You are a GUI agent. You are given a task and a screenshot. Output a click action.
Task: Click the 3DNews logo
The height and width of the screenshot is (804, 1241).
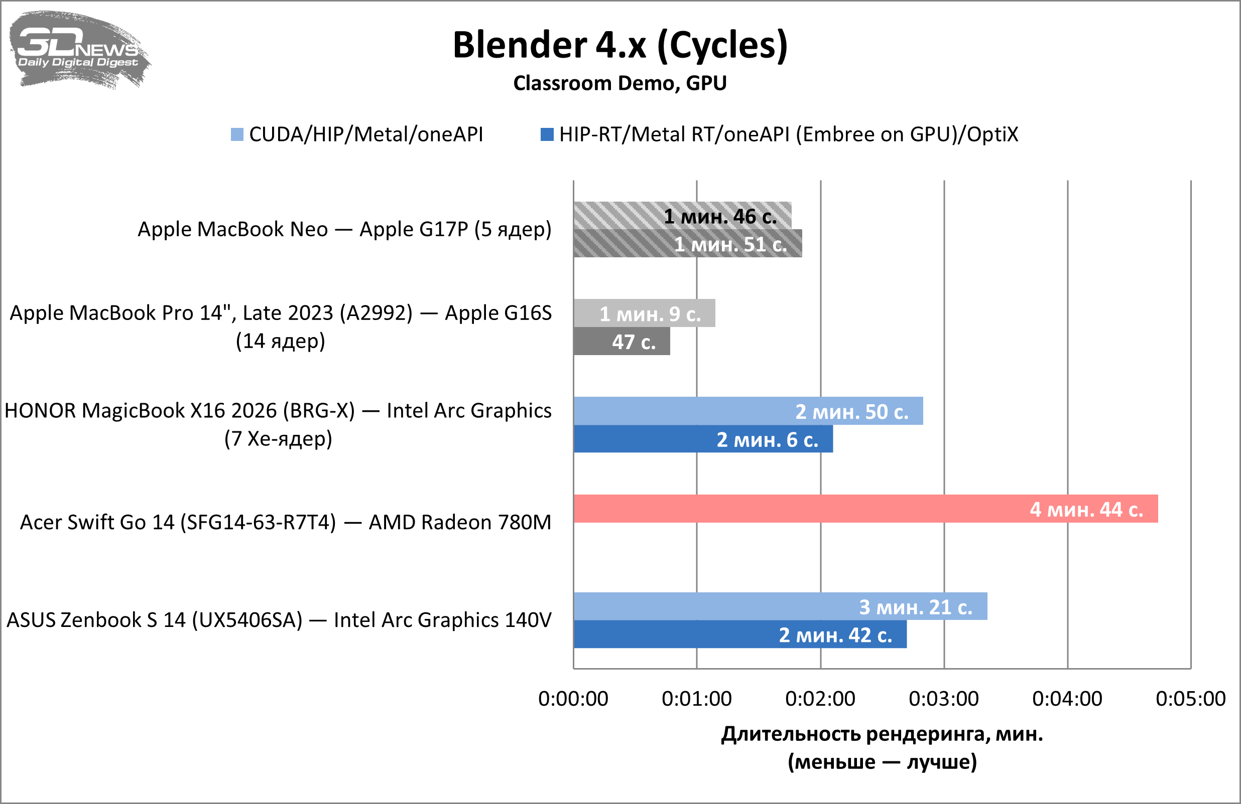click(x=78, y=50)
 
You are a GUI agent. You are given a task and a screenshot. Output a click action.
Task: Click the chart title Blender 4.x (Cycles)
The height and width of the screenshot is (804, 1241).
click(x=620, y=45)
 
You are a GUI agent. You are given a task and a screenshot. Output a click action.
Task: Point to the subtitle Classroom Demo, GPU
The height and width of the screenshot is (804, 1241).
click(x=620, y=83)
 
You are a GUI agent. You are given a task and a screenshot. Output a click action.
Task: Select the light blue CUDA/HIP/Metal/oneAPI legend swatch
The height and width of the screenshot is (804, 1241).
click(x=237, y=134)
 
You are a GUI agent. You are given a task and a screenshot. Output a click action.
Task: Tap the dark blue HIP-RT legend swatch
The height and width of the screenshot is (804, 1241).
click(x=547, y=134)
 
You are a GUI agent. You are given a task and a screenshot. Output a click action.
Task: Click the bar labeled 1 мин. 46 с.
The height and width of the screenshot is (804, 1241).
click(x=682, y=216)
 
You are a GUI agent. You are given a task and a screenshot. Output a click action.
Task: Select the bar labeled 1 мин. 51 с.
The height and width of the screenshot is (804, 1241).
click(x=687, y=244)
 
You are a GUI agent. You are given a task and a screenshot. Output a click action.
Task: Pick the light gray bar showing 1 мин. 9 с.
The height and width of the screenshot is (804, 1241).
click(x=644, y=313)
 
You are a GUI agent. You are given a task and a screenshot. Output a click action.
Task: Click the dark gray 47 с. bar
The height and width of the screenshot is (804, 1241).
click(x=622, y=341)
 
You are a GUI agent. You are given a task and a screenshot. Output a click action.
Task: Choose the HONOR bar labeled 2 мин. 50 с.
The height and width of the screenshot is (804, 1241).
click(x=748, y=411)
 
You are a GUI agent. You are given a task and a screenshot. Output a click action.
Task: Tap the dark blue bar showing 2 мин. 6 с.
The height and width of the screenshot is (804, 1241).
click(x=703, y=439)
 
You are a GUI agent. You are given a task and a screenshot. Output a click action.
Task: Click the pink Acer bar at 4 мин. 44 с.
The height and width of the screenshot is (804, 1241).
click(x=865, y=509)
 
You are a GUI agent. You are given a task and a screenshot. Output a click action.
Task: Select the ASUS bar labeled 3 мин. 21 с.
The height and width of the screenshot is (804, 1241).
click(x=780, y=606)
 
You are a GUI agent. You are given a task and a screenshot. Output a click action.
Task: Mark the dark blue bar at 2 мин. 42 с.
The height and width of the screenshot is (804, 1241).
click(x=740, y=634)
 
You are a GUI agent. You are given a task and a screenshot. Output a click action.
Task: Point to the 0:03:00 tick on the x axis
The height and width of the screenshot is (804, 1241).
click(x=944, y=699)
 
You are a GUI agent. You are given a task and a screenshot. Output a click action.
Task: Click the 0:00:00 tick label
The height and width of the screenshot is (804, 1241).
click(x=573, y=699)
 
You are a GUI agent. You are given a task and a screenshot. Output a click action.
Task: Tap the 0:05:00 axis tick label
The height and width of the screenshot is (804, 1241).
click(x=1190, y=699)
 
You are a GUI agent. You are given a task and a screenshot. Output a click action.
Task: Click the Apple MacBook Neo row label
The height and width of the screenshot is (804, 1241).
click(x=344, y=229)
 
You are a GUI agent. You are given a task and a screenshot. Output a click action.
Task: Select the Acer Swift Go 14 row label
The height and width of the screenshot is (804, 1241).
click(x=285, y=522)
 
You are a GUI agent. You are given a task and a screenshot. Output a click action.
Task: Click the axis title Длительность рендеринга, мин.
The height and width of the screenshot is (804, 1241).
click(x=882, y=734)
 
